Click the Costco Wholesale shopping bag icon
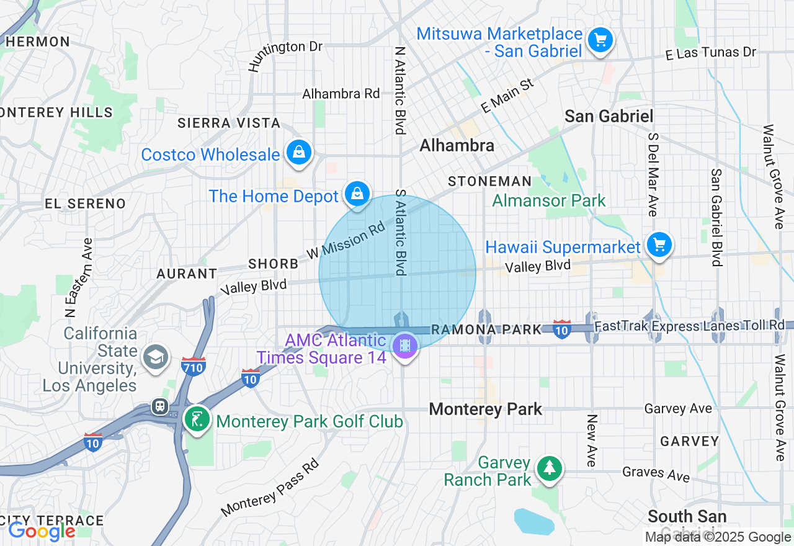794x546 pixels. tap(299, 151)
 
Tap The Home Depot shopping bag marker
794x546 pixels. tap(357, 193)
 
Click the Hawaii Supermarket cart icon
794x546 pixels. tap(659, 244)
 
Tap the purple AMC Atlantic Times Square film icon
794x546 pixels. tap(404, 345)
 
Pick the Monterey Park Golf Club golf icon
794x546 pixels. tap(197, 419)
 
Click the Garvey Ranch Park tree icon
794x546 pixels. tap(549, 468)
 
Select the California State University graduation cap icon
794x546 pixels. tap(155, 357)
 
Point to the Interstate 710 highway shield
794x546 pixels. tap(194, 365)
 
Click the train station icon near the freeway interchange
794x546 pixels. tap(161, 406)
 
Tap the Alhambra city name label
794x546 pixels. tap(457, 145)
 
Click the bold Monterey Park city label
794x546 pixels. tap(486, 409)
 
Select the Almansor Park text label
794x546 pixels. tap(549, 200)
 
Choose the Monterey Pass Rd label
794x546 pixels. tap(270, 488)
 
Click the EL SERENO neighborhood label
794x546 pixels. tap(85, 204)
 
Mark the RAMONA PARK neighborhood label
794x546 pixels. tap(486, 329)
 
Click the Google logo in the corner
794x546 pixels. tap(42, 531)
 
